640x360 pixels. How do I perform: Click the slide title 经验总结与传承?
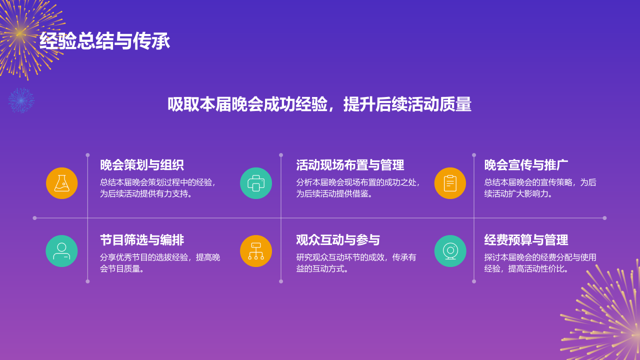pyautogui.click(x=104, y=41)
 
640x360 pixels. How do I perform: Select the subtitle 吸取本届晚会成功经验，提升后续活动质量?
pyautogui.click(x=319, y=104)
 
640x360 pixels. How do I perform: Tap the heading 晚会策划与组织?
pyautogui.click(x=141, y=165)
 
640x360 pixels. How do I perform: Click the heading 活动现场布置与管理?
pyautogui.click(x=350, y=165)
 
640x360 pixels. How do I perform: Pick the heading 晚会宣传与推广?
pyautogui.click(x=526, y=165)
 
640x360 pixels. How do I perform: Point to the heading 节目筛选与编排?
pyautogui.click(x=141, y=240)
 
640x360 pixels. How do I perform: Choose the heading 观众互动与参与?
pyautogui.click(x=338, y=240)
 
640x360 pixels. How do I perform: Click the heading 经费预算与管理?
pyautogui.click(x=526, y=240)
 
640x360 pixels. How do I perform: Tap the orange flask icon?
pyautogui.click(x=61, y=183)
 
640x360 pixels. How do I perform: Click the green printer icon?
pyautogui.click(x=256, y=183)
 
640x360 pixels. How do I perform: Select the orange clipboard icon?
pyautogui.click(x=450, y=183)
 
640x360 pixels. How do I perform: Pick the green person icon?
pyautogui.click(x=61, y=251)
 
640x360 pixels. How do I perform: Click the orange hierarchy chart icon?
pyautogui.click(x=256, y=251)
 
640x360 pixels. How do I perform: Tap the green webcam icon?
pyautogui.click(x=450, y=251)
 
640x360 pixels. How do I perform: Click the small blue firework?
pyautogui.click(x=21, y=100)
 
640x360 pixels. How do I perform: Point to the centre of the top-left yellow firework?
pyautogui.click(x=19, y=33)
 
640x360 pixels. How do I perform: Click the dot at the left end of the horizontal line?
pyautogui.click(x=34, y=218)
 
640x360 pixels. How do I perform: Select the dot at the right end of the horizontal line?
pyautogui.click(x=604, y=218)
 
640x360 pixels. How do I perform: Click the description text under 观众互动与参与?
pyautogui.click(x=356, y=263)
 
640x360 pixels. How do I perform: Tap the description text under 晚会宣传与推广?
pyautogui.click(x=540, y=188)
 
